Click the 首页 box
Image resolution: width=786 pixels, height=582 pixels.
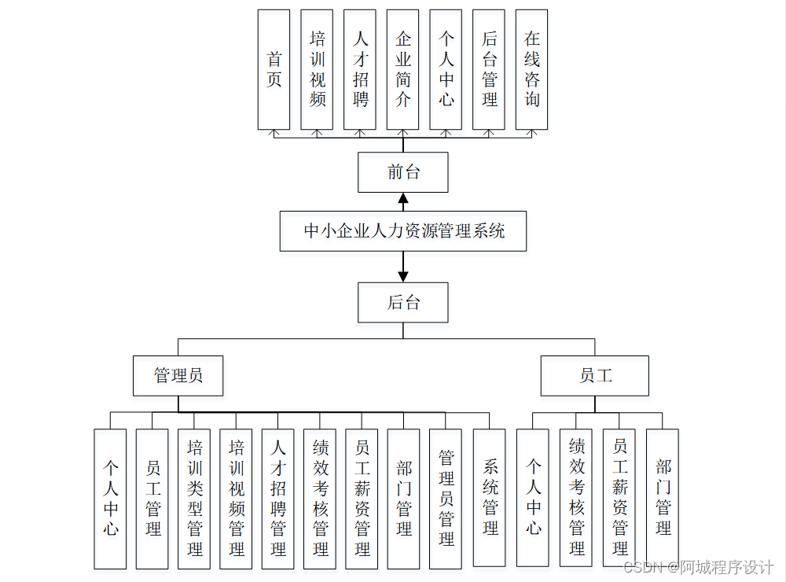[274, 69]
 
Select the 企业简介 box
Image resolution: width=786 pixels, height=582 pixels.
[403, 69]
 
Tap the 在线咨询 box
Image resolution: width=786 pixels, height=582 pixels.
[532, 69]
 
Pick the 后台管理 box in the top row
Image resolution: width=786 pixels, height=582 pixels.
[489, 69]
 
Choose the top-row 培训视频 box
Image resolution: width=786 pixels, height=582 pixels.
[317, 69]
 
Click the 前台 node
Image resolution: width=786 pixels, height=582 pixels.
[403, 172]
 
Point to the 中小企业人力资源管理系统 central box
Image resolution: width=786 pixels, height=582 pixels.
[403, 231]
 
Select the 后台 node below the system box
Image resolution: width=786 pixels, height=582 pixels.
[403, 303]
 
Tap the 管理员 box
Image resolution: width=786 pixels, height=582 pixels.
[178, 375]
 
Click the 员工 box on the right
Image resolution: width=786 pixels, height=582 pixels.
[595, 375]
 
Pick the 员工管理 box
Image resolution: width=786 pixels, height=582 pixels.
[152, 499]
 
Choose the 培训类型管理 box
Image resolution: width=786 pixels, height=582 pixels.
[194, 499]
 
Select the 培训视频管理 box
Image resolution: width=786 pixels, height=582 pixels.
[236, 499]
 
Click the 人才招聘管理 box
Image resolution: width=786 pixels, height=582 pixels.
[278, 499]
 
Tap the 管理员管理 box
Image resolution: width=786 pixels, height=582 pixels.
[446, 499]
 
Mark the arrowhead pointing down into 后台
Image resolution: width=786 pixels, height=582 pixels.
[403, 277]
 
